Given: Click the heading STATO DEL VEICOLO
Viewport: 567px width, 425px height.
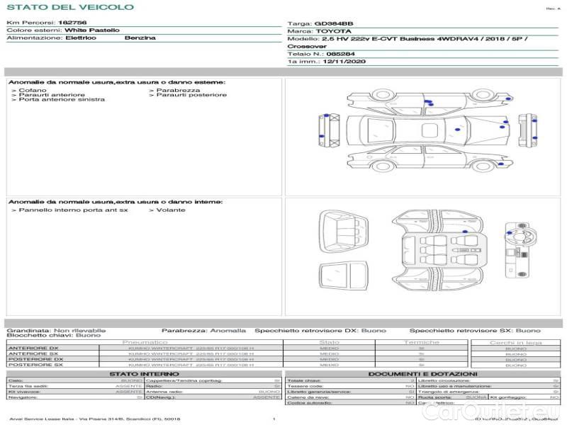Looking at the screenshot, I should [x=69, y=7].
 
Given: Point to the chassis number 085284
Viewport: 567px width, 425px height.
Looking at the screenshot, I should [x=339, y=54].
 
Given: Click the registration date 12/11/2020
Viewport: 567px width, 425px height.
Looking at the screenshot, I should [x=344, y=62].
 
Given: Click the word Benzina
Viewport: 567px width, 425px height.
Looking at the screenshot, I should [x=140, y=38].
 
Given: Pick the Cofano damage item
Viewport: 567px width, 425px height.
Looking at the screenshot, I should [x=33, y=90].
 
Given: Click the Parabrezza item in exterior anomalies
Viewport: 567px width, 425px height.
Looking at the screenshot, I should [x=177, y=90].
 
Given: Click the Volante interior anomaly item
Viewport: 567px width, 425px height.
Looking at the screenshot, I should [x=170, y=210].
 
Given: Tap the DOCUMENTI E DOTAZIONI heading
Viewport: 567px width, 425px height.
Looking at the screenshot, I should [x=422, y=373].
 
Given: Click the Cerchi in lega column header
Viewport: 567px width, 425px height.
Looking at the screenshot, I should [x=515, y=342].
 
